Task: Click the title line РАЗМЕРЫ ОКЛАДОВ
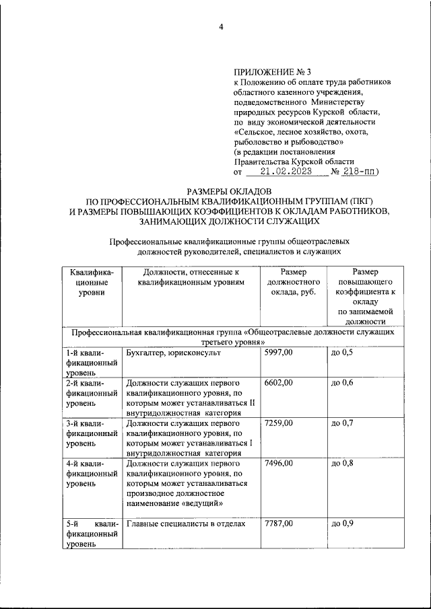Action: (228, 192)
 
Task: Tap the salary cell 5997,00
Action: (279, 353)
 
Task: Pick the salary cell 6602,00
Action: (279, 383)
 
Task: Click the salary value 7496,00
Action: (279, 464)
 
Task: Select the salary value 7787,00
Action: (279, 524)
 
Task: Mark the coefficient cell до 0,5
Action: (342, 353)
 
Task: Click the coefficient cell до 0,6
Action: (342, 383)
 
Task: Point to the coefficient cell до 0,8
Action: (342, 464)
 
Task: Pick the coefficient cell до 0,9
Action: (342, 524)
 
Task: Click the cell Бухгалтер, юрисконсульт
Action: (174, 353)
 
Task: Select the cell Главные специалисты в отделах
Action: (185, 524)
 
